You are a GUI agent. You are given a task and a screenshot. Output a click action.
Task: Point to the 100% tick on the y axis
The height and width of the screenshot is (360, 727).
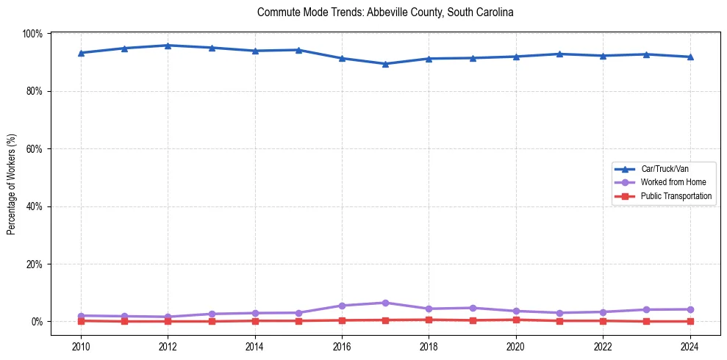pyautogui.click(x=32, y=34)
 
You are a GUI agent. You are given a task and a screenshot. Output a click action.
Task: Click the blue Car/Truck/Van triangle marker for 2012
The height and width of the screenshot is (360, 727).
pyautogui.click(x=168, y=46)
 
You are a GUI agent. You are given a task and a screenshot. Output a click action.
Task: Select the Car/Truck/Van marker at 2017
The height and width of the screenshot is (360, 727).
pyautogui.click(x=385, y=64)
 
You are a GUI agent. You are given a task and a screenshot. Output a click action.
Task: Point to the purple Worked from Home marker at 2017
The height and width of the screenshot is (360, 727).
pyautogui.click(x=385, y=303)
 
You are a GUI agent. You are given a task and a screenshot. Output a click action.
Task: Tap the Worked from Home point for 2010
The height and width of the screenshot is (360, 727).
pyautogui.click(x=81, y=316)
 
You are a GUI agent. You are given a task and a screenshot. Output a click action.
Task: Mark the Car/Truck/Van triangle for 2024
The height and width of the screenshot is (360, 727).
pyautogui.click(x=690, y=57)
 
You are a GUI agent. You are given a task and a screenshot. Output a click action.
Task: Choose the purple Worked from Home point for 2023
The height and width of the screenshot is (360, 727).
pyautogui.click(x=646, y=309)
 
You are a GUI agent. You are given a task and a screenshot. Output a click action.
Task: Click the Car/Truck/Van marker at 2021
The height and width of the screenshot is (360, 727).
pyautogui.click(x=559, y=54)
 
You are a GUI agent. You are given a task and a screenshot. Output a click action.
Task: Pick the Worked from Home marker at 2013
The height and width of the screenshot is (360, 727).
pyautogui.click(x=212, y=314)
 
